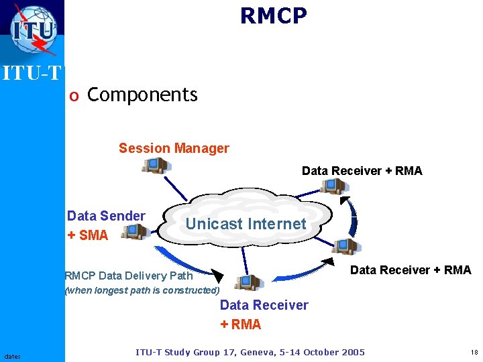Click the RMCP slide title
[274, 16]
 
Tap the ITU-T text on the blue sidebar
[32, 72]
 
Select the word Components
[142, 95]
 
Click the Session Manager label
[174, 148]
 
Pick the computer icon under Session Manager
[154, 165]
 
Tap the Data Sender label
[106, 216]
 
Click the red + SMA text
[87, 235]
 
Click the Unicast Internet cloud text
[246, 224]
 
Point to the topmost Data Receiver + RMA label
[362, 171]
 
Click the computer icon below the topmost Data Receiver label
[332, 186]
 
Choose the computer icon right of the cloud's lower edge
[345, 247]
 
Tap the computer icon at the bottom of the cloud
[248, 282]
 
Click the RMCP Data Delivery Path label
[128, 276]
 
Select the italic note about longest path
[142, 291]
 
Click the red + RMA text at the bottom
[240, 325]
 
